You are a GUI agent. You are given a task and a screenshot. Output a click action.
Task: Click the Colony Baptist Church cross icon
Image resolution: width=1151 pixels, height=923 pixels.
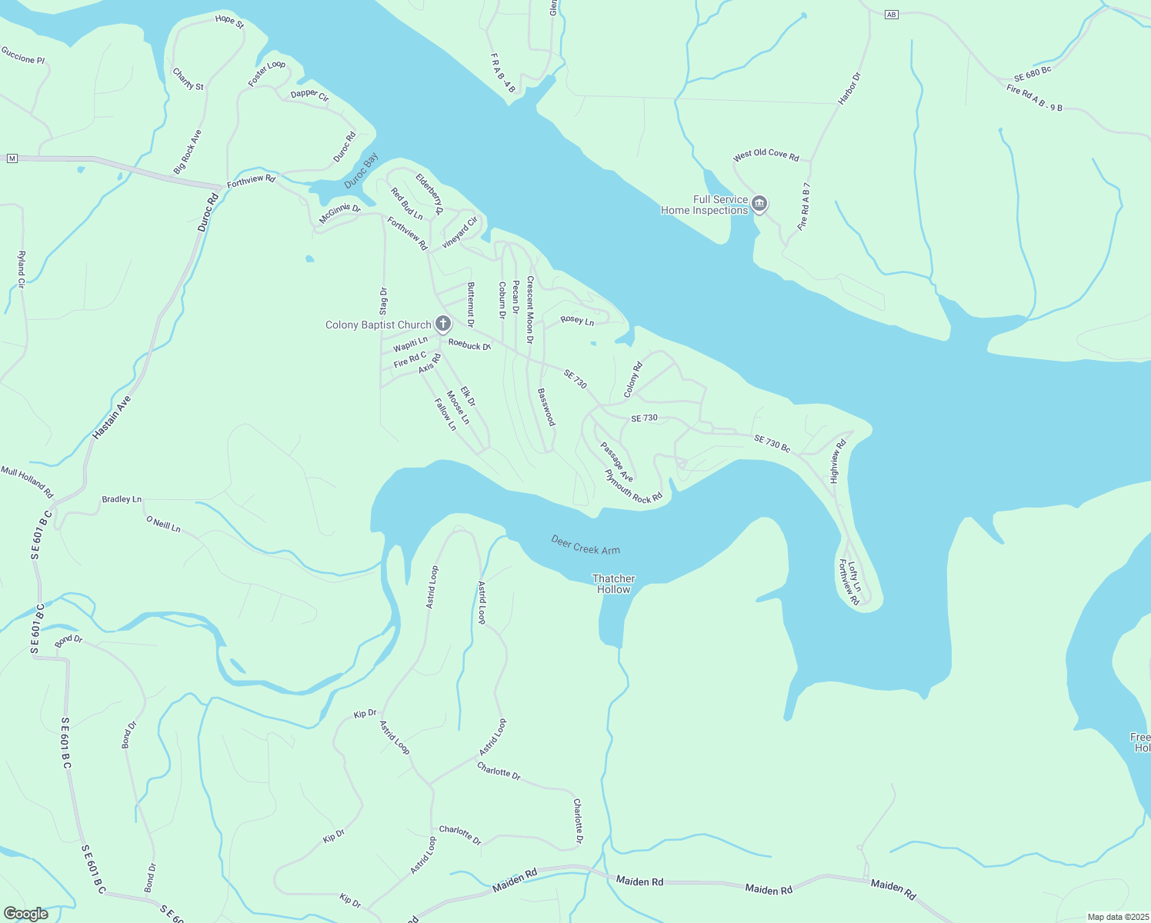point(443,324)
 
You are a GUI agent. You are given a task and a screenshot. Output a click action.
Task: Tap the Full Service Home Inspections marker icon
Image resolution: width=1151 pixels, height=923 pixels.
point(759,204)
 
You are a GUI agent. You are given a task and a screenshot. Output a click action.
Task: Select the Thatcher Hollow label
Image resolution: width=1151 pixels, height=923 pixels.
point(613,584)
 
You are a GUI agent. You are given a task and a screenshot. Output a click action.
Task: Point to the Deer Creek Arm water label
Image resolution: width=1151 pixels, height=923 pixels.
point(586,545)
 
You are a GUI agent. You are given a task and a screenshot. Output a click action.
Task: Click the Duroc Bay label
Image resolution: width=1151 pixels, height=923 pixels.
point(361,171)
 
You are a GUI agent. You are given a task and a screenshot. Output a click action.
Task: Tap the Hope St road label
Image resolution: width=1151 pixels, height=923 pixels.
point(229,21)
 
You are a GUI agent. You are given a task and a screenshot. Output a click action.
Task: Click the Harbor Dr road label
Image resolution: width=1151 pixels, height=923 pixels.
point(849,88)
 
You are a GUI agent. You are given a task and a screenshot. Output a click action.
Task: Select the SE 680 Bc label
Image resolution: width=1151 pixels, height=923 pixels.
point(1033,75)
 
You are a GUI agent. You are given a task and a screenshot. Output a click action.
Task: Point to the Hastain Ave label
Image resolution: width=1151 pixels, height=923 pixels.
point(112,417)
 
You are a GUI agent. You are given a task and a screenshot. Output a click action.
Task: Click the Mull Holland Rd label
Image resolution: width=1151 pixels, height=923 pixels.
point(27,481)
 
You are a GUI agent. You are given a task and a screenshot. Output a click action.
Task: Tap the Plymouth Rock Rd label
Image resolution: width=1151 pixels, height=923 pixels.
point(633,487)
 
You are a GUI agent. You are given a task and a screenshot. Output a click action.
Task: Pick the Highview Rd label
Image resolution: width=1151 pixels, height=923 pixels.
point(838,461)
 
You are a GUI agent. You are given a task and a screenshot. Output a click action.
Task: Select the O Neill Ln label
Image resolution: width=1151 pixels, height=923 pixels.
point(163,524)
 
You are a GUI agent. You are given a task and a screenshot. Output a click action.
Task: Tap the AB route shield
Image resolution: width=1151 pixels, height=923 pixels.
point(891,15)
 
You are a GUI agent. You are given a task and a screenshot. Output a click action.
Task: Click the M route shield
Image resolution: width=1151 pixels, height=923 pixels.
point(12,158)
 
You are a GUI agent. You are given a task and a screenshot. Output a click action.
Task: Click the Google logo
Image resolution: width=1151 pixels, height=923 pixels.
point(25,914)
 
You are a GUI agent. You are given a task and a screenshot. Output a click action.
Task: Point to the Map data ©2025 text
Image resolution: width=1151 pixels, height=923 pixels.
point(1116,917)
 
